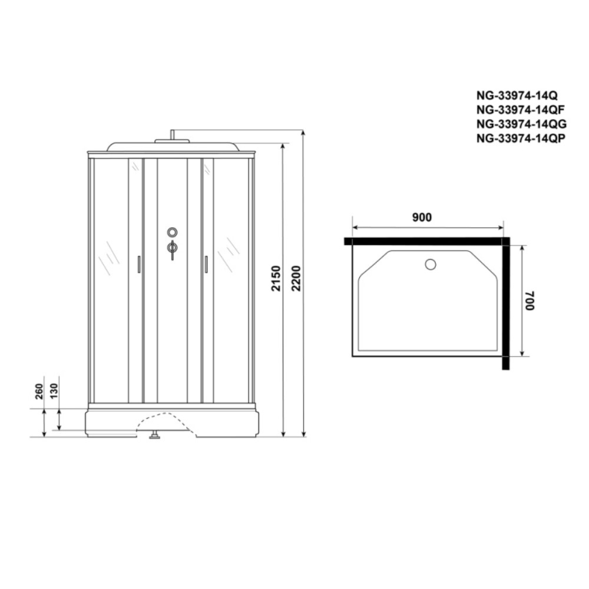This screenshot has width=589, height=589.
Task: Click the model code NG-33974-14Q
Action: [517, 95]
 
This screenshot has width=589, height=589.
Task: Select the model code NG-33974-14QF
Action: [520, 110]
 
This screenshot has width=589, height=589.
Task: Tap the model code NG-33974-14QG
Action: [521, 124]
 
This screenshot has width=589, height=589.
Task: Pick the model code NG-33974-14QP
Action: [521, 138]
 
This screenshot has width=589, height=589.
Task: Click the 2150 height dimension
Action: [276, 279]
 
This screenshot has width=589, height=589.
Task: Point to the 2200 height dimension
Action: [296, 279]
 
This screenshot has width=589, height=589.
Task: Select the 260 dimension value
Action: [39, 392]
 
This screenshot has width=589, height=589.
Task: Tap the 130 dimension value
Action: [54, 392]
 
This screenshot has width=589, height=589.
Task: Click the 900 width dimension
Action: [422, 217]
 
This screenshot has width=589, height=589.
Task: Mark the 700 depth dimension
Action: [530, 300]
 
